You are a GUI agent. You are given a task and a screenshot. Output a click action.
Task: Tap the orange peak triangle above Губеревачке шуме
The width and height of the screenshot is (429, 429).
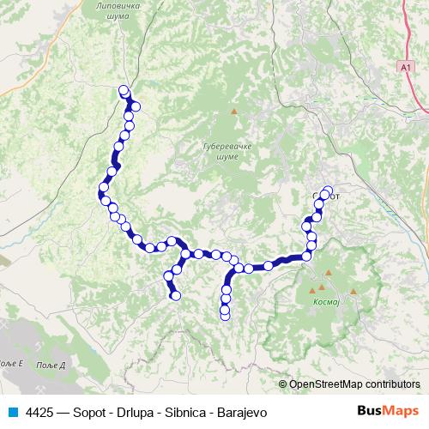click(x=233, y=112)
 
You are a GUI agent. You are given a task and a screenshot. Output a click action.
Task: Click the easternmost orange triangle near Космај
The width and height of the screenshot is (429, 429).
click(x=353, y=293)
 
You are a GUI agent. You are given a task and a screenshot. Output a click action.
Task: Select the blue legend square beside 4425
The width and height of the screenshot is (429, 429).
click(x=13, y=411)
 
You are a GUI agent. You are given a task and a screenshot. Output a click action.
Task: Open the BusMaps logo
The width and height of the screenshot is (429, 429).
click(x=384, y=410)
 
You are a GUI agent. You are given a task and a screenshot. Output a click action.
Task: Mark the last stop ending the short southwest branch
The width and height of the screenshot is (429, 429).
click(x=176, y=296)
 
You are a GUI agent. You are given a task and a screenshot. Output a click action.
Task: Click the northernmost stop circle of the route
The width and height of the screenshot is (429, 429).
click(x=124, y=89)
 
